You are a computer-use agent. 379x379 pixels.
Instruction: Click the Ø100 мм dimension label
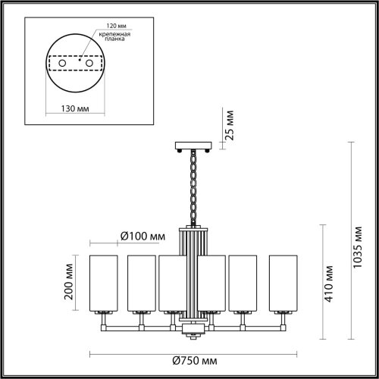click(143, 236)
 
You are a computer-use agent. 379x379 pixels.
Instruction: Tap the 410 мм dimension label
click(330, 283)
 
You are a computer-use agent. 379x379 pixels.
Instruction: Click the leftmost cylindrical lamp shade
click(103, 283)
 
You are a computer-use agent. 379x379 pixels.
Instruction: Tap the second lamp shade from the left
click(140, 283)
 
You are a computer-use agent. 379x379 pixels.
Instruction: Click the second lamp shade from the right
click(243, 283)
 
